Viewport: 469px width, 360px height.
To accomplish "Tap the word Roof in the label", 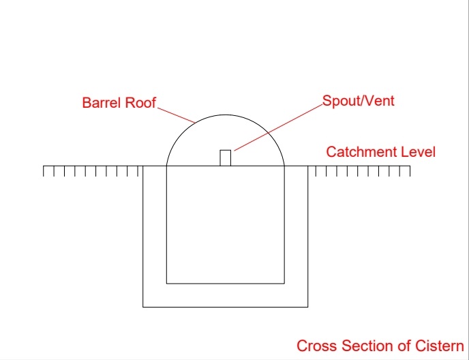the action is [140, 103].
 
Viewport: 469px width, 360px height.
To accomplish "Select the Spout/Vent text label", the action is [359, 101].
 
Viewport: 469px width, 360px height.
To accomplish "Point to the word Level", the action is [418, 152].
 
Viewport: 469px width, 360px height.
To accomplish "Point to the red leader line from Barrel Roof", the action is [176, 115].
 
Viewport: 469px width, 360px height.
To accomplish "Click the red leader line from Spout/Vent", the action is [278, 127].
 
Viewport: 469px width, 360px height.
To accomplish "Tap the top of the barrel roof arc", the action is [225, 115].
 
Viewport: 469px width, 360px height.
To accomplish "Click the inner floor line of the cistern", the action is [225, 283].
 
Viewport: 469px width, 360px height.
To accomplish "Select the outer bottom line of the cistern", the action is [225, 307].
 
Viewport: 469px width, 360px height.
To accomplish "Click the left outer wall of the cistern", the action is [142, 237].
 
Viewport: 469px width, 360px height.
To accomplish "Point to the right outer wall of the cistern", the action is [308, 237].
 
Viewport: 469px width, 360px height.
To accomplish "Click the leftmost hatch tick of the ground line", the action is [44, 171].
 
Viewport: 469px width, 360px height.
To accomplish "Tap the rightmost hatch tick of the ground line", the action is [410, 171].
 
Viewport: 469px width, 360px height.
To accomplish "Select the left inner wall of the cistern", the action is [166, 224].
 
